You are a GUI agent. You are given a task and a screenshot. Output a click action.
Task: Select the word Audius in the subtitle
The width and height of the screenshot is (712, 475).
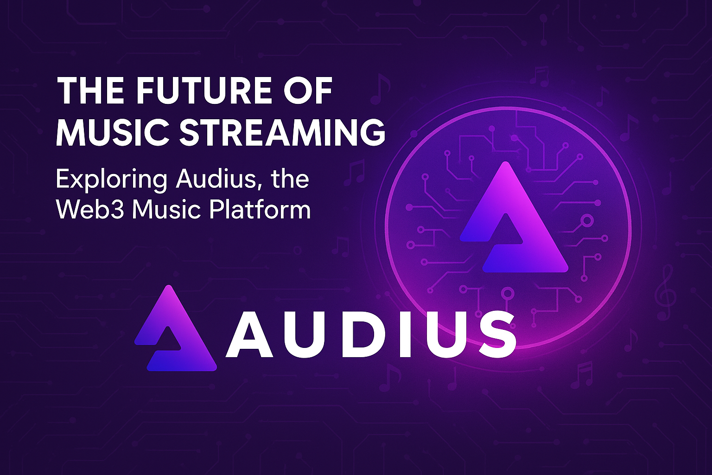click(x=213, y=179)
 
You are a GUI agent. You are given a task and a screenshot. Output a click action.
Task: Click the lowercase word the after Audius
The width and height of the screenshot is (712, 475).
click(x=290, y=179)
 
